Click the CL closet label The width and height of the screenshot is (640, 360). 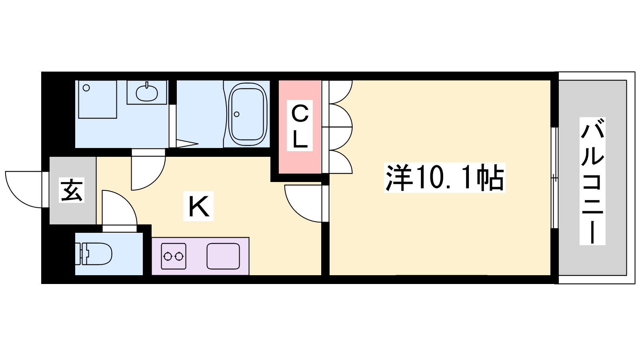(300, 126)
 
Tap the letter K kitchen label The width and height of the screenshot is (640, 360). (198, 206)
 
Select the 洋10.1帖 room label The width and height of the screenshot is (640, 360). (444, 178)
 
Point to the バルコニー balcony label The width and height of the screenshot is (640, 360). (592, 181)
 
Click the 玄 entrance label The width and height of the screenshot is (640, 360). (72, 190)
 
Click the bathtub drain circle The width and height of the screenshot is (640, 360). (236, 114)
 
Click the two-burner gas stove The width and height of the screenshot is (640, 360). (174, 256)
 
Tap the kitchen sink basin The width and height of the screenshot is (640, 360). (223, 256)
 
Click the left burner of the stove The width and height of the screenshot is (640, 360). (168, 256)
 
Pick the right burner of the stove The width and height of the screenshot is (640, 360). (179, 256)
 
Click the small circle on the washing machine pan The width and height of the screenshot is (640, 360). (86, 88)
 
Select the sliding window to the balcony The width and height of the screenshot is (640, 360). (554, 178)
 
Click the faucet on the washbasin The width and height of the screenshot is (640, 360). (147, 85)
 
